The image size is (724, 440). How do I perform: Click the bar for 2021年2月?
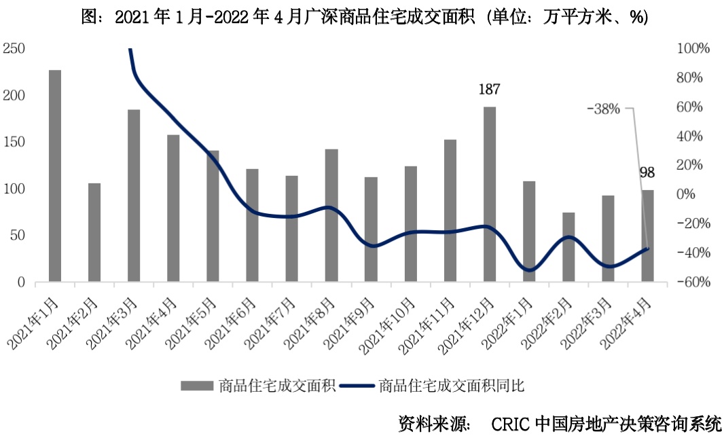pyautogui.click(x=94, y=232)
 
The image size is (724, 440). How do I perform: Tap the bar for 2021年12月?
pyautogui.click(x=490, y=194)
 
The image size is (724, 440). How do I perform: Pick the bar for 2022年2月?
pyautogui.click(x=568, y=247)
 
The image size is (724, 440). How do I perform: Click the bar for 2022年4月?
pyautogui.click(x=648, y=236)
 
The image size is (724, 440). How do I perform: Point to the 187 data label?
pyautogui.click(x=490, y=89)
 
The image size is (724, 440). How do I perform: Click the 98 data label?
pyautogui.click(x=647, y=173)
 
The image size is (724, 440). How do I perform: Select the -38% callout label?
pyautogui.click(x=604, y=108)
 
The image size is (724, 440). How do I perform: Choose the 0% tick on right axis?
pyautogui.click(x=687, y=194)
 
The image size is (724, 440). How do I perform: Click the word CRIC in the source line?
pyautogui.click(x=509, y=424)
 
